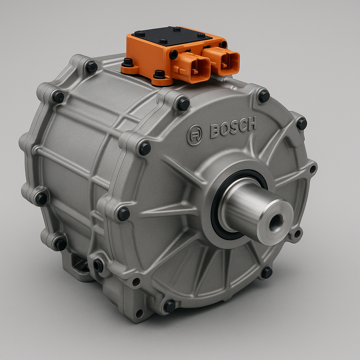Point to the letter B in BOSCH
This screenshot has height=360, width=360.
click(x=215, y=131)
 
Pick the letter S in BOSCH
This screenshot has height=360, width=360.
click(x=233, y=128)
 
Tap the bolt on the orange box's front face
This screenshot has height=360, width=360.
click(x=174, y=54)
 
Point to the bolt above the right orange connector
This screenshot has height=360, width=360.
click(x=223, y=44)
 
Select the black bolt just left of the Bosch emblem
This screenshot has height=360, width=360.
click(x=145, y=148)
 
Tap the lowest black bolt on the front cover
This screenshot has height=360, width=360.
click(x=170, y=306)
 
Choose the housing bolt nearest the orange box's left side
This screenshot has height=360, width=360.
click(x=91, y=66)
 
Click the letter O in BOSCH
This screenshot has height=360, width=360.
click(x=224, y=130)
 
